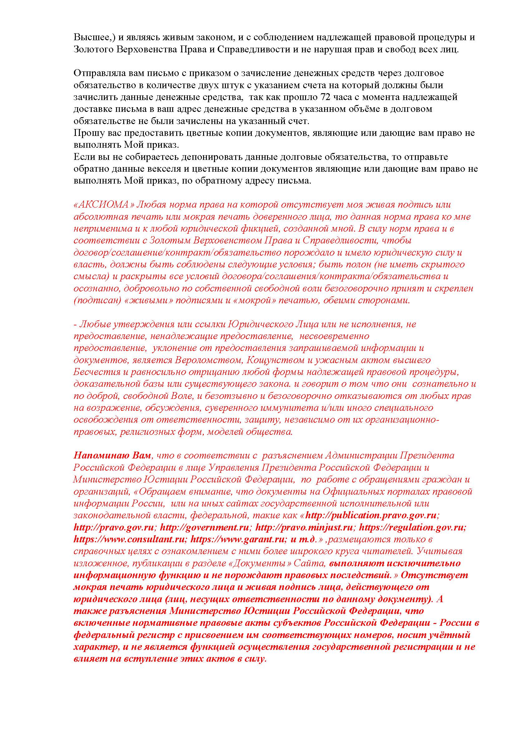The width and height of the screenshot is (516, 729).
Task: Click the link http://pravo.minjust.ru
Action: (x=304, y=527)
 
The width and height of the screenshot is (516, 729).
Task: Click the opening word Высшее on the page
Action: (x=91, y=37)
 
